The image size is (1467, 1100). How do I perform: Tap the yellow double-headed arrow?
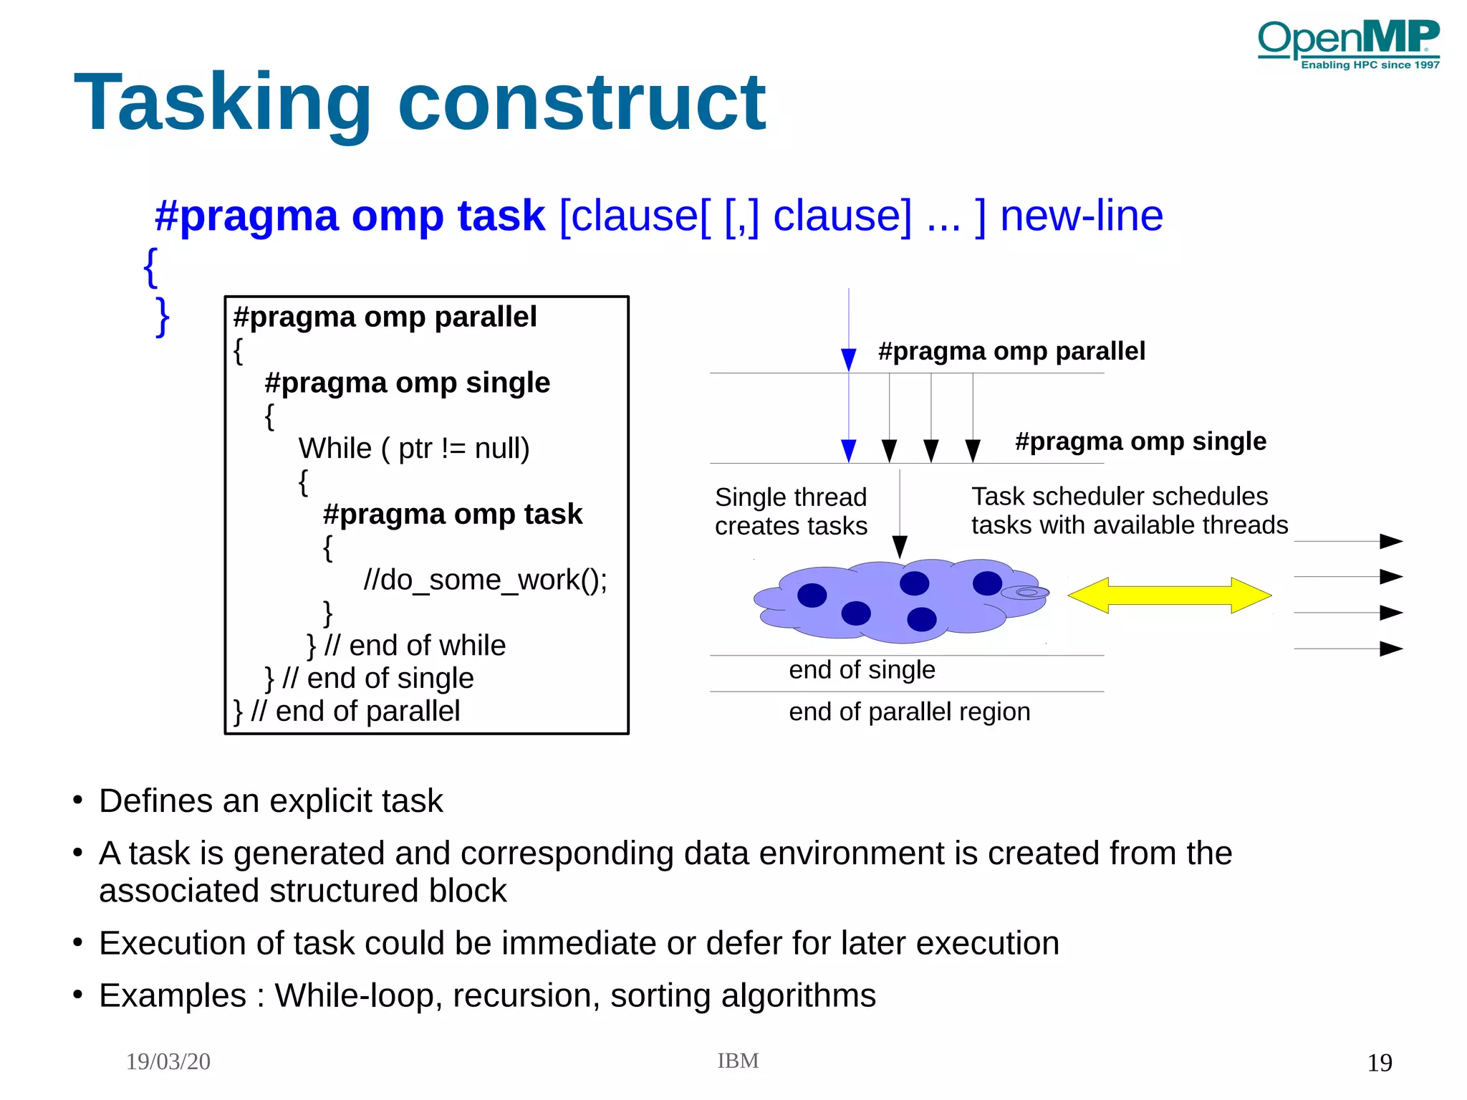[x=1169, y=595]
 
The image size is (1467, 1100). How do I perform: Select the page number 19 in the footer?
[x=1379, y=1062]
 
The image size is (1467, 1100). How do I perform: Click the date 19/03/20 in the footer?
[x=168, y=1061]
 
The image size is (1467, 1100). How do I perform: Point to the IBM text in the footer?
[x=738, y=1061]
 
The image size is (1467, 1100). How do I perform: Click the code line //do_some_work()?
[x=485, y=580]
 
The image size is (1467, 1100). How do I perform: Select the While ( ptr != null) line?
[x=413, y=449]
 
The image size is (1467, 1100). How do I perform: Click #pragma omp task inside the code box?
[x=453, y=515]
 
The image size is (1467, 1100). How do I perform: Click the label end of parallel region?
[x=909, y=712]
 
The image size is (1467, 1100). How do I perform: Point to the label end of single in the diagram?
[x=862, y=669]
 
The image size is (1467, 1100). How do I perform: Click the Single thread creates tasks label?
[x=791, y=511]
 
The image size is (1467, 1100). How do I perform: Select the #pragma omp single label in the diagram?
[x=1140, y=441]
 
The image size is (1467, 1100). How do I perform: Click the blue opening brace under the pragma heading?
[x=150, y=267]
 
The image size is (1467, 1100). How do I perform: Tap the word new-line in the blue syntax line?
[x=1081, y=216]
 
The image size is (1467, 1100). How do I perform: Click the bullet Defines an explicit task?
[x=271, y=800]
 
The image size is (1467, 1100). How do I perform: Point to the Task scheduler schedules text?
[x=1120, y=496]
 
